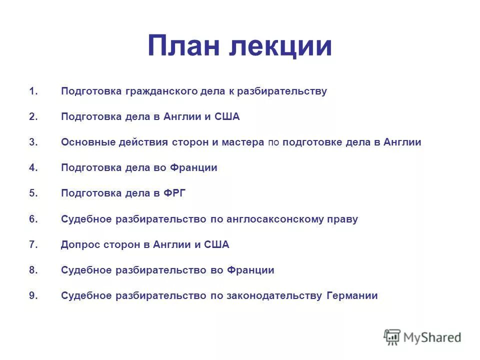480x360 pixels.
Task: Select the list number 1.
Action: click(33, 91)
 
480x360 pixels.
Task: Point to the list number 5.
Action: click(33, 193)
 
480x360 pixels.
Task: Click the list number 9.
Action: click(33, 295)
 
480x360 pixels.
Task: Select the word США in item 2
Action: click(227, 117)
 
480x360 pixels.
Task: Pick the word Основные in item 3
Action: click(87, 142)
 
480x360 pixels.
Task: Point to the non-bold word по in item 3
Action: click(273, 142)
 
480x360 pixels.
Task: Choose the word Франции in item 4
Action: click(194, 168)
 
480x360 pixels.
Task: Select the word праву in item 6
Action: click(342, 219)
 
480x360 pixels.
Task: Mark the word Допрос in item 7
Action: click(78, 244)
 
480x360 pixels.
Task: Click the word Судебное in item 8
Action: click(86, 270)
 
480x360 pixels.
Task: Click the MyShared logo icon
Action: click(392, 337)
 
